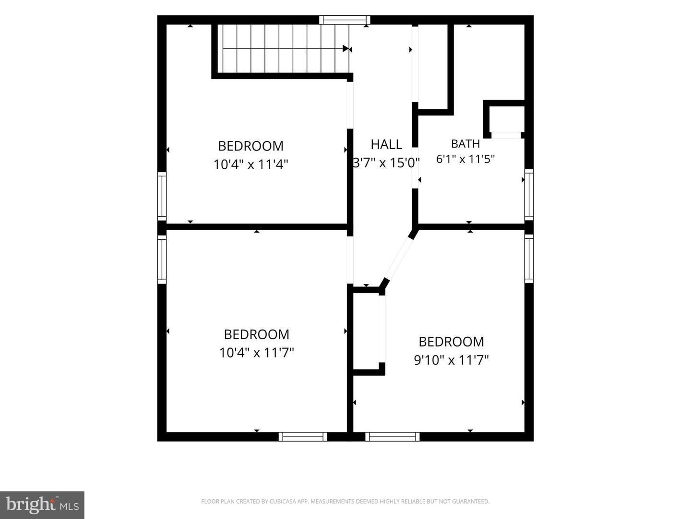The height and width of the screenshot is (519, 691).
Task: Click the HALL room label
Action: point(386,145)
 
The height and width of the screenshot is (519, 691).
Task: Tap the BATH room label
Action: point(465,144)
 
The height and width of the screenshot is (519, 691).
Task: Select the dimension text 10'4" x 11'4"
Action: point(251,164)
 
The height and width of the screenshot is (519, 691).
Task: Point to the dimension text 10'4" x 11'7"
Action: point(257,353)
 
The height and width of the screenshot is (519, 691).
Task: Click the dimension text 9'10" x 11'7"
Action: point(451,360)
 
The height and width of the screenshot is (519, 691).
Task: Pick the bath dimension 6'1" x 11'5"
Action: point(465,159)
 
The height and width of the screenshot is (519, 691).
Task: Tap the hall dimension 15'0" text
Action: point(405,163)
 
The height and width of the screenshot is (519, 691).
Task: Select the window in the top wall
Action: point(345,20)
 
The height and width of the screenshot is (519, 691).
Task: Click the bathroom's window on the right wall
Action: point(529,195)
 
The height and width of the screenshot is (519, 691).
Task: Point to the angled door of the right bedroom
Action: point(398,259)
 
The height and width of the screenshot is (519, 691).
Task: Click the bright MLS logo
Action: point(42,505)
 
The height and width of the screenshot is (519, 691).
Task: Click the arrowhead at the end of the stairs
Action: point(346,49)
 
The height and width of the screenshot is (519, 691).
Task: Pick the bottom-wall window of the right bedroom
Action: point(393,437)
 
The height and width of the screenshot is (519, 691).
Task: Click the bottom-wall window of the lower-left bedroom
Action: point(303,437)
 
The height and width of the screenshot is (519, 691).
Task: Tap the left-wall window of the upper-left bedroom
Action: point(162,197)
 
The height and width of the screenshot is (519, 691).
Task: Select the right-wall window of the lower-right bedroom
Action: point(529,259)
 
